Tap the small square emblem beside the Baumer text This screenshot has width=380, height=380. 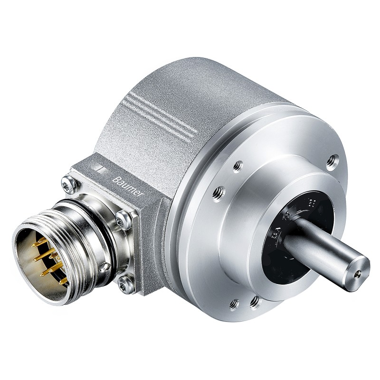(100, 168)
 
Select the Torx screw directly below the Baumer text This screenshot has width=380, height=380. (124, 217)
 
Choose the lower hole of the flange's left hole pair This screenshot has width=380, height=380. (219, 191)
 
